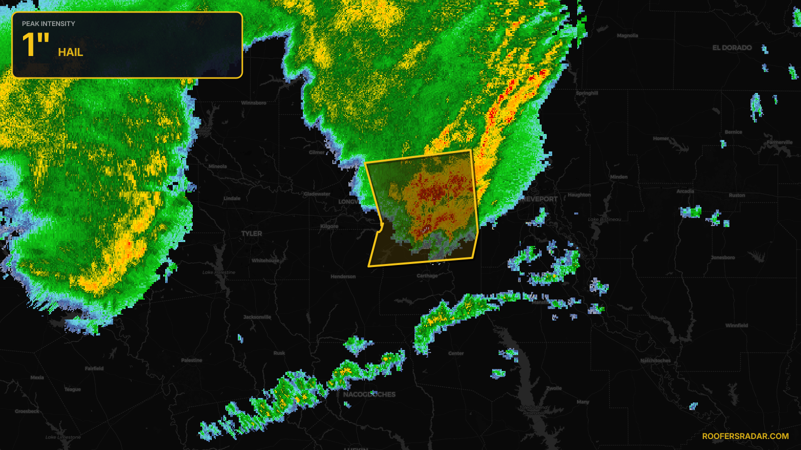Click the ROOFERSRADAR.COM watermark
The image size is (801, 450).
point(745,436)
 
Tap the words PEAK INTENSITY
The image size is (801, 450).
point(49,23)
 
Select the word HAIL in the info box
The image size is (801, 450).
point(71,52)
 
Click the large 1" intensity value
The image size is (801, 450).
point(36,45)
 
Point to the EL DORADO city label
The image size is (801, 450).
point(732,48)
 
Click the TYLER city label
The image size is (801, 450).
point(251,233)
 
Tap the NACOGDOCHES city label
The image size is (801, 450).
point(369,394)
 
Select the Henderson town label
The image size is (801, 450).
point(343,276)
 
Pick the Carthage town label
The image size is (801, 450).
point(427,275)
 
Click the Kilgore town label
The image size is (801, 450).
point(329,226)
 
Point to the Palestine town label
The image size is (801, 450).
point(192,360)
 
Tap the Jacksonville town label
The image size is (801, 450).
point(257,317)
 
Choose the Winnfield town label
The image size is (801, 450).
point(736,325)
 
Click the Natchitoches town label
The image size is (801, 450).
point(655,360)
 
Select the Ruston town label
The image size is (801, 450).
point(737,195)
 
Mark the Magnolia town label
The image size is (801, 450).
point(627,36)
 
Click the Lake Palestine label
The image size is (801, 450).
point(219,272)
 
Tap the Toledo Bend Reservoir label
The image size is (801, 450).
point(534,410)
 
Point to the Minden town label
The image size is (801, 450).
point(619,177)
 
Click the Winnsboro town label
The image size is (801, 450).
point(254,103)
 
